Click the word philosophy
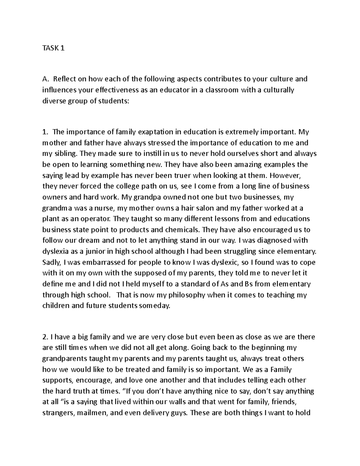(x=186, y=295)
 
